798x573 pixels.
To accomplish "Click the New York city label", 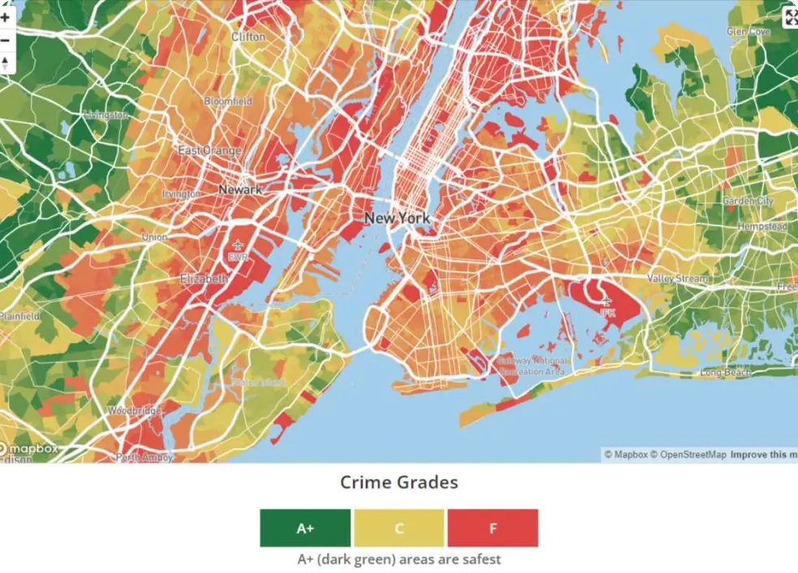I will click(x=397, y=218).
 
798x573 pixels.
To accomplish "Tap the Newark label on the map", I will click(x=240, y=189).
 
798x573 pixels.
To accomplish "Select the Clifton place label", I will click(x=248, y=37).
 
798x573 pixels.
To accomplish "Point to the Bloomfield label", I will click(x=228, y=101).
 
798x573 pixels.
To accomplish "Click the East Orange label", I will click(x=209, y=151).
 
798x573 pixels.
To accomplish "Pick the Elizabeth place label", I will click(x=204, y=278).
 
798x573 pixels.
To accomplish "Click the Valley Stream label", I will click(x=677, y=278).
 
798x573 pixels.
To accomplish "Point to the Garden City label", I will click(x=748, y=201).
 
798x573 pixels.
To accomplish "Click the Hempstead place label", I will click(x=762, y=227).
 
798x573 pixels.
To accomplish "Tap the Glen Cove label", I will click(x=748, y=32).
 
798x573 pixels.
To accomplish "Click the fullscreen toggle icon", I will click(x=790, y=19).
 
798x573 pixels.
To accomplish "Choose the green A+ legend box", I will click(x=305, y=528).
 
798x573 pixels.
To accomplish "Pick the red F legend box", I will click(x=492, y=528).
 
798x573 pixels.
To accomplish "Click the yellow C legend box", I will click(x=399, y=528).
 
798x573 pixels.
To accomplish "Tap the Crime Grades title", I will click(x=399, y=483).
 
